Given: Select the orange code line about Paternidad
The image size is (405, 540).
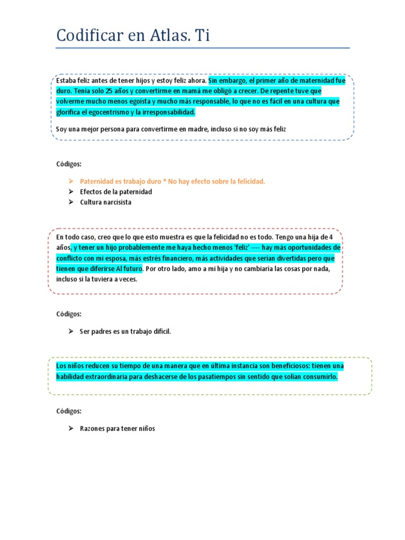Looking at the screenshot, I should pyautogui.click(x=172, y=181).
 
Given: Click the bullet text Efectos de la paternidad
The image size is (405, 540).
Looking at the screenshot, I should pyautogui.click(x=116, y=192).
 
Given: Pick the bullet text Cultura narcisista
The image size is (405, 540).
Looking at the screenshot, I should pyautogui.click(x=105, y=202).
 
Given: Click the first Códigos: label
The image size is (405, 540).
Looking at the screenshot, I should pyautogui.click(x=69, y=164).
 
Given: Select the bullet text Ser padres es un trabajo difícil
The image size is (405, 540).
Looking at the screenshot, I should pyautogui.click(x=126, y=331).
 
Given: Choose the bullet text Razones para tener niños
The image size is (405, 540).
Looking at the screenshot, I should pyautogui.click(x=118, y=429).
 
